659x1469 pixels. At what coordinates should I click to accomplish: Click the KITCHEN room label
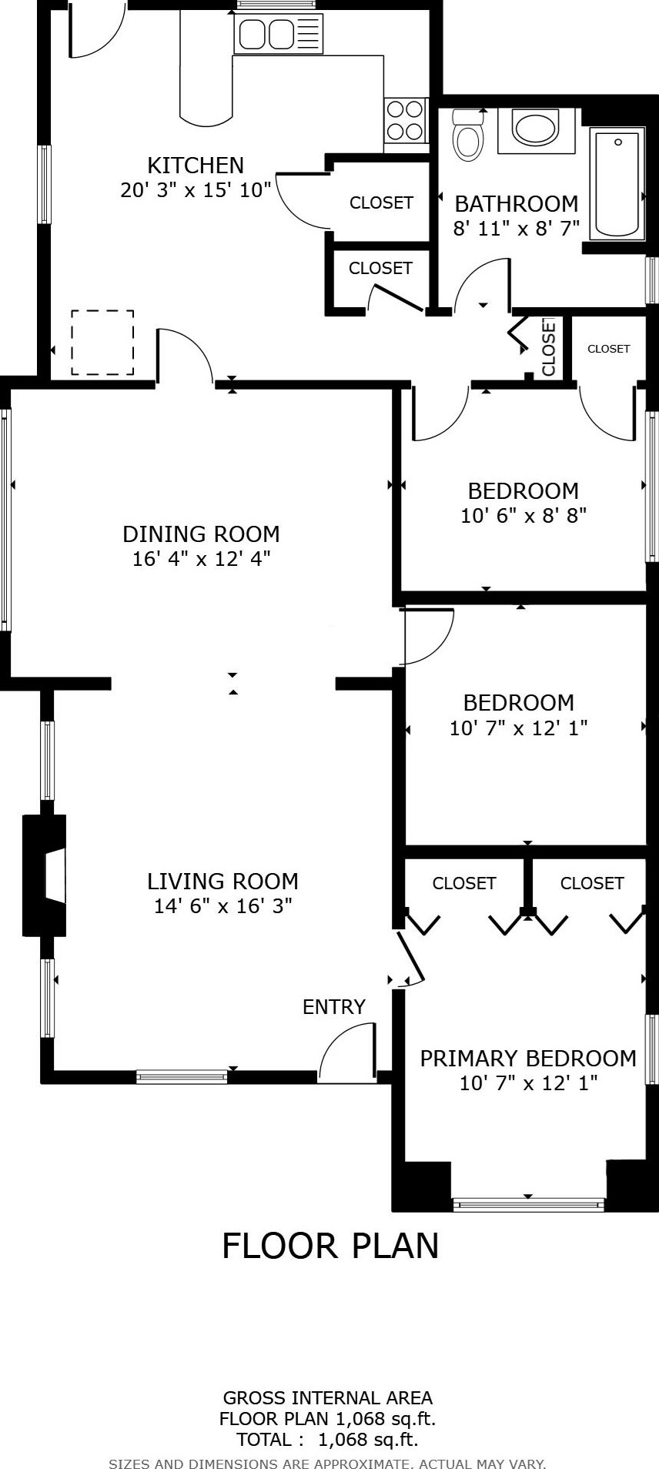(x=196, y=166)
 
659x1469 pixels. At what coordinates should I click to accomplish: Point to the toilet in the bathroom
(x=467, y=134)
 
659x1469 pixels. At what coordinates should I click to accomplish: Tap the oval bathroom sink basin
(x=535, y=129)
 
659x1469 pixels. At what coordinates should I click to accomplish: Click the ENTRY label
(x=333, y=1006)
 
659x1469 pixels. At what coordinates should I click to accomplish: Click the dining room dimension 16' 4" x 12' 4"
(x=201, y=558)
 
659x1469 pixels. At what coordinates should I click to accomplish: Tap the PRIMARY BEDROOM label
(x=527, y=1058)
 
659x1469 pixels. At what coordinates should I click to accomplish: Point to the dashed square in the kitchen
(x=102, y=343)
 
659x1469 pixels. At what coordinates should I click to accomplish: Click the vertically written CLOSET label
(x=549, y=347)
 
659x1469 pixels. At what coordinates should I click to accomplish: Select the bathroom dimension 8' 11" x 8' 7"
(x=516, y=229)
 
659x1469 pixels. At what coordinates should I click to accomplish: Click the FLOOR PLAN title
(x=330, y=1245)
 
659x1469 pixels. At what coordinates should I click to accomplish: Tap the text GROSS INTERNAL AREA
(x=328, y=1397)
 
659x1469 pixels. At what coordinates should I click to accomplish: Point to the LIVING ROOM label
(x=222, y=881)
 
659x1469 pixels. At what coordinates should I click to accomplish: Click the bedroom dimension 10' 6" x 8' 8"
(x=524, y=515)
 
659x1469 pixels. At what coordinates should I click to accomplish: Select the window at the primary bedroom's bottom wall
(x=528, y=1204)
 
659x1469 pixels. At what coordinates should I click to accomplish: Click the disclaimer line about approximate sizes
(x=327, y=1464)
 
